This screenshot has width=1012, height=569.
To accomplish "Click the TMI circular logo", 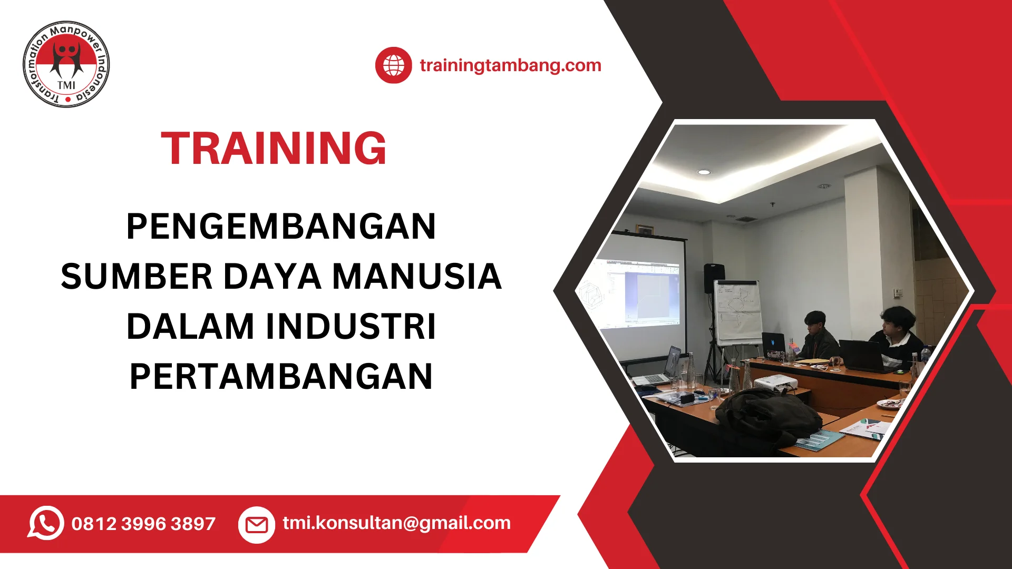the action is [x=66, y=64].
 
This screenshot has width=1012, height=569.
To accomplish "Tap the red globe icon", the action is [x=393, y=65].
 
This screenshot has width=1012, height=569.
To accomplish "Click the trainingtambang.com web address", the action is [x=510, y=65].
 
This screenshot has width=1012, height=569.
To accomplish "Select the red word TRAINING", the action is [x=274, y=148].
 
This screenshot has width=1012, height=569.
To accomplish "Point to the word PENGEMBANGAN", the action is [x=281, y=227].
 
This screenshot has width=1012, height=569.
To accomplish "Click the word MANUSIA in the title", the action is [x=417, y=277].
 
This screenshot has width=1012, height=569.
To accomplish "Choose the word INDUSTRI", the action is [x=351, y=327].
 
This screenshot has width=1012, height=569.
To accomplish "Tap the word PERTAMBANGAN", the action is [x=281, y=376].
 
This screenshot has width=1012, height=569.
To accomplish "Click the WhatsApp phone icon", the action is [x=46, y=523].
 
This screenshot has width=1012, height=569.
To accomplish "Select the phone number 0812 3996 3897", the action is [x=143, y=524].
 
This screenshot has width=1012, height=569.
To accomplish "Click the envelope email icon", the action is [x=257, y=525].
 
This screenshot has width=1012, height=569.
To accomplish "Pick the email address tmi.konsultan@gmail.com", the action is [x=396, y=523].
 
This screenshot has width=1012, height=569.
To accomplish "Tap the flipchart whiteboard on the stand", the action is [x=738, y=313].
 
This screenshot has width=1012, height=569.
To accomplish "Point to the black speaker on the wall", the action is [x=714, y=278].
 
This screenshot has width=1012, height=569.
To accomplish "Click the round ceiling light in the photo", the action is [x=704, y=172].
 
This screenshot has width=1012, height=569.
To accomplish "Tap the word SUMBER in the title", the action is [x=137, y=277].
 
